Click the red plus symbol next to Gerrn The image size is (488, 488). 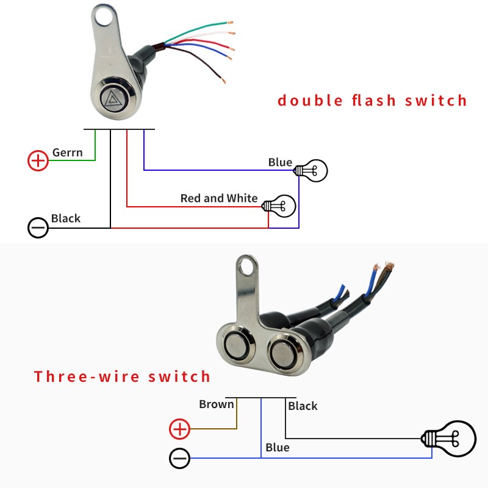pyautogui.click(x=38, y=160)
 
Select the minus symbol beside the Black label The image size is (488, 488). pyautogui.click(x=38, y=228)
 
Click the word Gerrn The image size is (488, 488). pyautogui.click(x=67, y=152)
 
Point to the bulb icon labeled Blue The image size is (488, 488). pyautogui.click(x=311, y=170)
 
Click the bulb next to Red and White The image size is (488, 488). pyautogui.click(x=280, y=204)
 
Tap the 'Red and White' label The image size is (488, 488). pyautogui.click(x=219, y=198)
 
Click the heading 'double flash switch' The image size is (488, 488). pyautogui.click(x=372, y=100)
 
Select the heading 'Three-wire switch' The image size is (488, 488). pyautogui.click(x=122, y=376)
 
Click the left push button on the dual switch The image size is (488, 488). pyautogui.click(x=236, y=345)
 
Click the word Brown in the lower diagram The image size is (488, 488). pyautogui.click(x=216, y=404)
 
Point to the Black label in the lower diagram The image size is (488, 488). pyautogui.click(x=303, y=406)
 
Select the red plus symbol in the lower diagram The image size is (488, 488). pyautogui.click(x=179, y=429)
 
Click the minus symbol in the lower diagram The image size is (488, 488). pyautogui.click(x=179, y=458)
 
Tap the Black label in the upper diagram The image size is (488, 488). pyautogui.click(x=66, y=218)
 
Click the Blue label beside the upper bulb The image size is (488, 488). pyautogui.click(x=280, y=162)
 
